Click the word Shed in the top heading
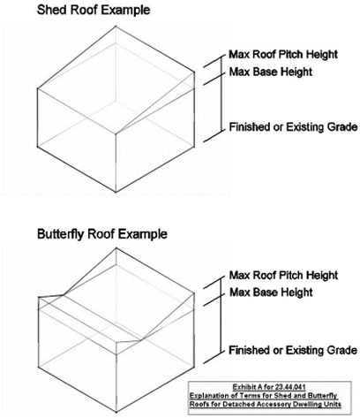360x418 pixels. (51, 10)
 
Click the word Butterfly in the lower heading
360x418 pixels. (61, 234)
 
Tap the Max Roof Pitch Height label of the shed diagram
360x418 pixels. (283, 55)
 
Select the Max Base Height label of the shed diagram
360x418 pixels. (271, 72)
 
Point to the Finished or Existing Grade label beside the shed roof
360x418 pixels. (293, 127)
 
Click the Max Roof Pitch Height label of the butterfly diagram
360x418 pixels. (283, 276)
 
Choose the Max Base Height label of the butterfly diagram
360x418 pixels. (271, 293)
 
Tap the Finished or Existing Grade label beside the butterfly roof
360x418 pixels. (293, 350)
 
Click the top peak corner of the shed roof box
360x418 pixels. (116, 26)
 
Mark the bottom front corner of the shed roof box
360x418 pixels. (116, 193)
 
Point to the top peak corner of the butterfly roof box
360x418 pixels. (116, 247)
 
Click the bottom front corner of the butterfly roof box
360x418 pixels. (116, 412)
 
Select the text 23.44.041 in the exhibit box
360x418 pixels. (290, 387)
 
